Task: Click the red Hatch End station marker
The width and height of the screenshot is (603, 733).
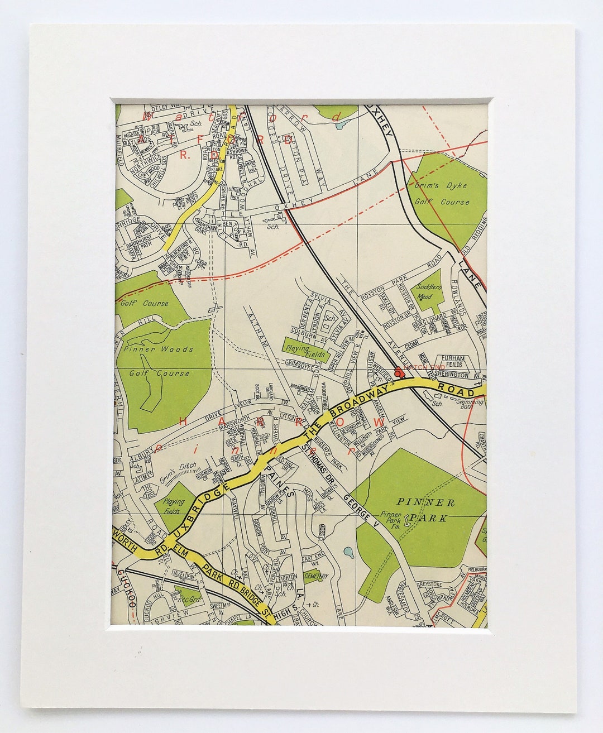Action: (398, 371)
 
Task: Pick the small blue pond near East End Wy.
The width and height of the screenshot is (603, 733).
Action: (348, 553)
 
